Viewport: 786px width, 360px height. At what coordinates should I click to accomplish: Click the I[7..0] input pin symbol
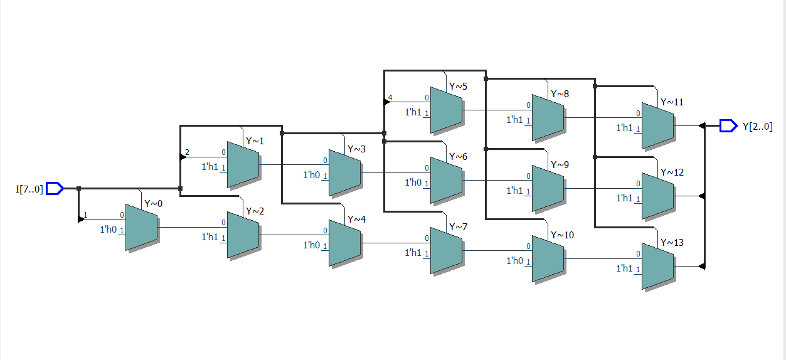[55, 188]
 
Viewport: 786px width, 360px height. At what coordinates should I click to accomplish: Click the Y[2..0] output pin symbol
[728, 126]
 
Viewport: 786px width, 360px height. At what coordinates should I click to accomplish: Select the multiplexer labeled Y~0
[141, 227]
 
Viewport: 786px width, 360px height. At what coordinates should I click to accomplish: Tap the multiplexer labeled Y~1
[243, 164]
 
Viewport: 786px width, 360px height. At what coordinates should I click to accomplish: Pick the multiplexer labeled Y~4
[344, 243]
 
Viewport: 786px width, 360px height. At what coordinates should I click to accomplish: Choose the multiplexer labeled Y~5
[446, 110]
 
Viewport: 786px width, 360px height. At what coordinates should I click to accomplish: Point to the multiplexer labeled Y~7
[446, 251]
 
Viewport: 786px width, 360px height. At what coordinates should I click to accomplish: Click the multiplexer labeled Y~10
[548, 258]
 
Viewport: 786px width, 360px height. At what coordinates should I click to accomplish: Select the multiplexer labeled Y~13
[657, 267]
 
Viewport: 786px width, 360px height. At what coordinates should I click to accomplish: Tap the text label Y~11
[672, 102]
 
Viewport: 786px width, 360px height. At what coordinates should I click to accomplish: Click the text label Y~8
[560, 94]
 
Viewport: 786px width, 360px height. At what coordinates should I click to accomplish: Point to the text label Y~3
[356, 149]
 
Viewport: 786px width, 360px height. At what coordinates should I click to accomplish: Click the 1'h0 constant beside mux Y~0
[109, 230]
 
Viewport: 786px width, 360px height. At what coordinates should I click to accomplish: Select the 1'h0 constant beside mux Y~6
[413, 183]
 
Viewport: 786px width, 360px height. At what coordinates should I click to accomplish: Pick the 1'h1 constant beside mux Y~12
[625, 198]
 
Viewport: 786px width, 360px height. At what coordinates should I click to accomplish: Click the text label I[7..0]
[29, 188]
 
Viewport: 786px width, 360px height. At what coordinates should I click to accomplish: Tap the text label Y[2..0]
[757, 126]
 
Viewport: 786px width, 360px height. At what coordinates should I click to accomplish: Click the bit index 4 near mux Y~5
[390, 98]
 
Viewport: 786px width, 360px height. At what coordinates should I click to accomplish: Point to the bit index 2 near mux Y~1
[187, 152]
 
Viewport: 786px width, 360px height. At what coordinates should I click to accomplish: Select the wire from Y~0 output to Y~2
[191, 227]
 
